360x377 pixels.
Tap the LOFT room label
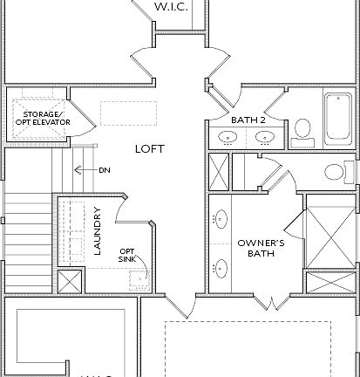tap(149, 148)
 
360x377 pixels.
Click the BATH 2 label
tap(248, 119)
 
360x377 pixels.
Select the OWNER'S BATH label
tap(257, 249)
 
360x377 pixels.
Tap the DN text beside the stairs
tap(105, 170)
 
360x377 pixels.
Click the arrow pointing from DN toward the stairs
tap(85, 170)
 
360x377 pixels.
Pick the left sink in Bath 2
tap(228, 137)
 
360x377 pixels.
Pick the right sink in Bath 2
tap(263, 137)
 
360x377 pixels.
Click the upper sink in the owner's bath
tap(220, 219)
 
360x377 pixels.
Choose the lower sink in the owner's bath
tap(220, 268)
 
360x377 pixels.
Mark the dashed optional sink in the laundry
tap(137, 278)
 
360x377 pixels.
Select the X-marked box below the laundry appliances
tap(71, 281)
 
